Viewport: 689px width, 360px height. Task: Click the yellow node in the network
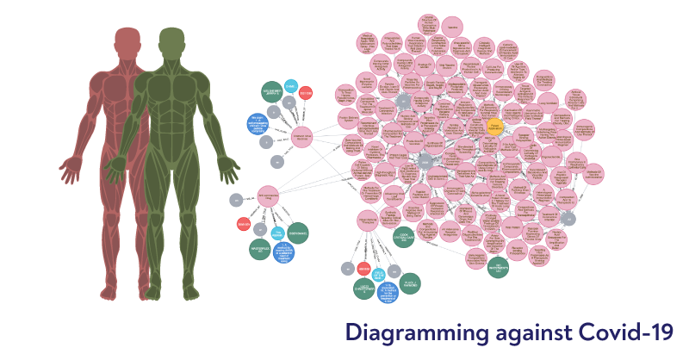pyautogui.click(x=493, y=126)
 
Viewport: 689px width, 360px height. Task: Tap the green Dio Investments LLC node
pyautogui.click(x=498, y=268)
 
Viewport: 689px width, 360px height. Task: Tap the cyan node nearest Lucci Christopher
pyautogui.click(x=377, y=274)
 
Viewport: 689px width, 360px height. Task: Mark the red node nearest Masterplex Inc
pyautogui.click(x=243, y=225)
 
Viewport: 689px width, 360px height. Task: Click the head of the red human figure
pyautogui.click(x=127, y=40)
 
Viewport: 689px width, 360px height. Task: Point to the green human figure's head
pyautogui.click(x=171, y=40)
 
